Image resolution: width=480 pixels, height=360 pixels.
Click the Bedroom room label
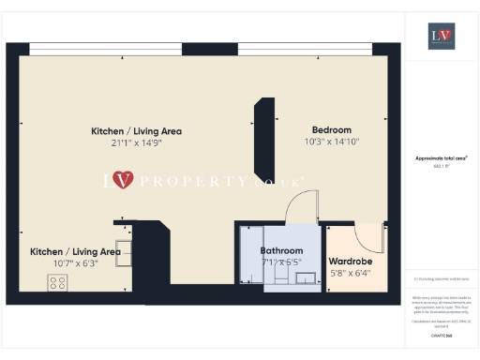(x=331, y=129)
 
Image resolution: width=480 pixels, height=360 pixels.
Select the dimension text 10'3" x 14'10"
(x=331, y=142)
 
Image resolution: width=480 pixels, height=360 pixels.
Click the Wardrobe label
(x=352, y=262)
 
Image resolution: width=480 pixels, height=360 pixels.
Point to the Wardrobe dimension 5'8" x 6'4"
(x=352, y=274)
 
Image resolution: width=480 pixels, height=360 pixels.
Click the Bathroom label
(x=281, y=251)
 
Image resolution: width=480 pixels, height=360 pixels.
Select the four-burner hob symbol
(x=56, y=282)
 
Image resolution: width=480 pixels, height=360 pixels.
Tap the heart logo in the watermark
(x=123, y=179)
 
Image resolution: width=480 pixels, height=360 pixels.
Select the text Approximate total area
(x=441, y=158)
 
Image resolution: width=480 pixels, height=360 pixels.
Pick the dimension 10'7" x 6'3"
(x=75, y=263)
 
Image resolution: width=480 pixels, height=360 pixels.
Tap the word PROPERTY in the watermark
(x=187, y=179)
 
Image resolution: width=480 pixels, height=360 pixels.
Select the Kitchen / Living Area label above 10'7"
(x=75, y=251)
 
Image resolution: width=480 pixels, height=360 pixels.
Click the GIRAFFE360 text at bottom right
(x=441, y=334)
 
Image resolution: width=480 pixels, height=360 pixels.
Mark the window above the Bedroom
(x=309, y=48)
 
